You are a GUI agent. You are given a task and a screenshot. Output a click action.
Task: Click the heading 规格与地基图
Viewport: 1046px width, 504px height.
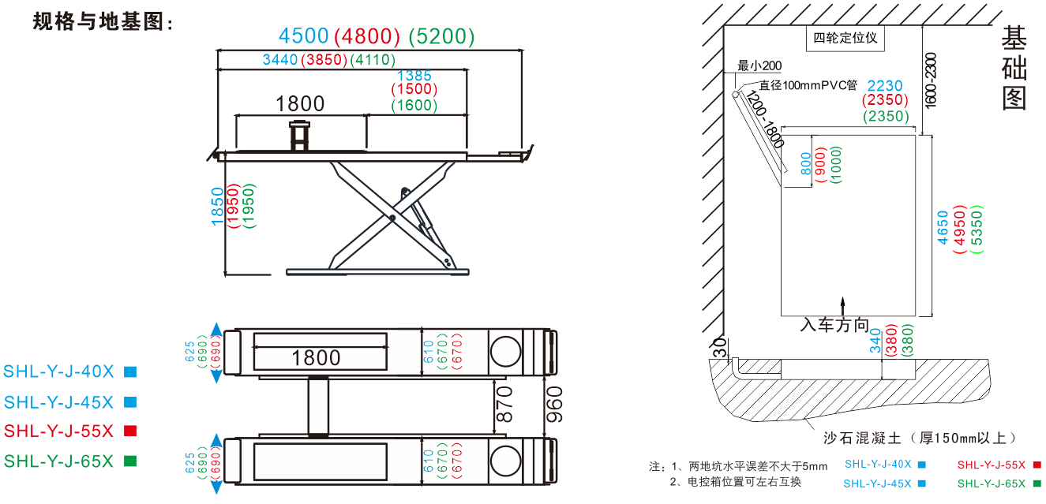(x=103, y=21)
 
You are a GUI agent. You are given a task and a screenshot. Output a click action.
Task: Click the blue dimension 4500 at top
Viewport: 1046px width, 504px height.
(x=303, y=36)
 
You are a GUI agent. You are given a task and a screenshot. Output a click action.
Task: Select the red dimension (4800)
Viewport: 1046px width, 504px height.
(x=368, y=36)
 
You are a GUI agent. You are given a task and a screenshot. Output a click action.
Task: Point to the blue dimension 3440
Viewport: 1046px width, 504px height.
(x=279, y=60)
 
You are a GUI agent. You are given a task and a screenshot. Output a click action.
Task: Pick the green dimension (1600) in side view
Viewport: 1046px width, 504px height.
(x=414, y=105)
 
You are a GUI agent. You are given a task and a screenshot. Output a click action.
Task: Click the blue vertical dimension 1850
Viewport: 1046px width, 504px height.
(x=218, y=206)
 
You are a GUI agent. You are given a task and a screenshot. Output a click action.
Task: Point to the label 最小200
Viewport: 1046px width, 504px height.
(x=759, y=65)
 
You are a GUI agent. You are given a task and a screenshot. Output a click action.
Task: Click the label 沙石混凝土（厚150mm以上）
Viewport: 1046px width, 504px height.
(x=919, y=438)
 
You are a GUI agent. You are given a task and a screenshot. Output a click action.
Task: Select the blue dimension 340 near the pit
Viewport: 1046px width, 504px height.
(x=875, y=340)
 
